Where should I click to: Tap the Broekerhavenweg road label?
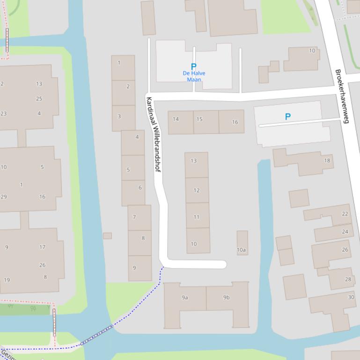[342, 96]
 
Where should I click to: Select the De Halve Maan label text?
[194, 76]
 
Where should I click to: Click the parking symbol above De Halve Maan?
[193, 67]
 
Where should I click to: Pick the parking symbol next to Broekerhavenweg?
[288, 117]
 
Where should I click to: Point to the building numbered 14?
[176, 119]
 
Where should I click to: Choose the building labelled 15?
[199, 119]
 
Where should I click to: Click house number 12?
[197, 190]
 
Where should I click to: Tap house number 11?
[197, 217]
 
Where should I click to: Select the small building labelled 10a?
[242, 250]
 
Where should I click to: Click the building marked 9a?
[185, 297]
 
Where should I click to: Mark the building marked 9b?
[227, 297]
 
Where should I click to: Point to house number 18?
[327, 161]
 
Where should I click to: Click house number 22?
[345, 214]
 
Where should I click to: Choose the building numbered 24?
[345, 231]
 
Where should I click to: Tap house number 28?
[348, 280]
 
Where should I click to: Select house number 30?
[351, 297]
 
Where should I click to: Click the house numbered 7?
[134, 217]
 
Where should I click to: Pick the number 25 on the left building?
[39, 99]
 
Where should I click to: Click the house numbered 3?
[119, 116]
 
